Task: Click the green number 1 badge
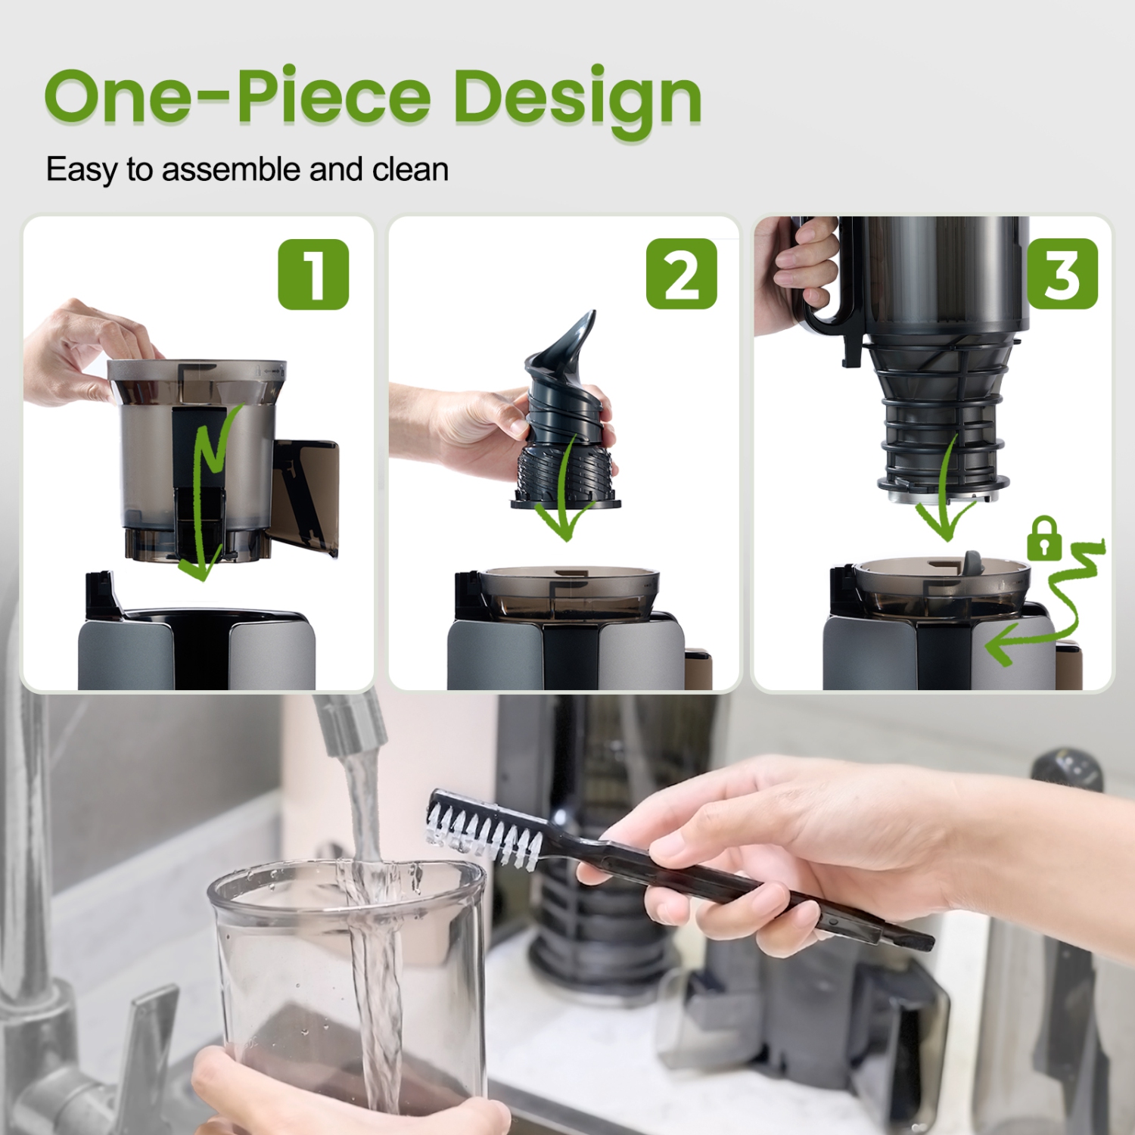point(313,275)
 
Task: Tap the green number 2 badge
point(681,274)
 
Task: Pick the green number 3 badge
point(1062,274)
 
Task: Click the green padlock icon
point(1043,538)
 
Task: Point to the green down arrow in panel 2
point(563,492)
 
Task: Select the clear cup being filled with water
point(348,984)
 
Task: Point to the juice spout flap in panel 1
point(306,492)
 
